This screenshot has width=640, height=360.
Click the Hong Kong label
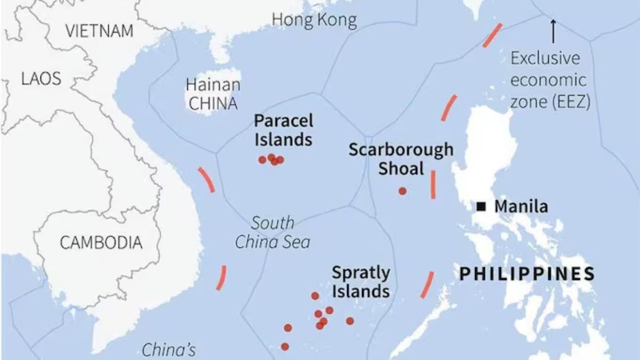click(314, 20)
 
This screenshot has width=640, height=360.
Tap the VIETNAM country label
click(100, 31)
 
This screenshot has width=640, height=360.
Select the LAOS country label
click(41, 79)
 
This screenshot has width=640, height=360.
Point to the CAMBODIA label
click(101, 243)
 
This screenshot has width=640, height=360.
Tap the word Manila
click(521, 207)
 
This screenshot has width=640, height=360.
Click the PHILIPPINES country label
click(527, 274)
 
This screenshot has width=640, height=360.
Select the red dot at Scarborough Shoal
click(402, 191)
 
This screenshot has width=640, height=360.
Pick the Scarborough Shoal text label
click(401, 159)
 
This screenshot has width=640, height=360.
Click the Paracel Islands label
click(283, 130)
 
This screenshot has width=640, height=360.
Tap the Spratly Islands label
click(361, 282)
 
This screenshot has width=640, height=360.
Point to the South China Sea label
click(273, 232)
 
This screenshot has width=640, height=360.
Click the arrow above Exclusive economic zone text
click(553, 31)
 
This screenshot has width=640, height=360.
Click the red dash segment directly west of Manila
click(433, 185)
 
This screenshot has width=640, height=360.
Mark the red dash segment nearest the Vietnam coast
click(206, 179)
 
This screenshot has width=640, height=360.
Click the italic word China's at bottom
click(169, 350)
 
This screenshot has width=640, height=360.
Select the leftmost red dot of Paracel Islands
click(262, 159)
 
